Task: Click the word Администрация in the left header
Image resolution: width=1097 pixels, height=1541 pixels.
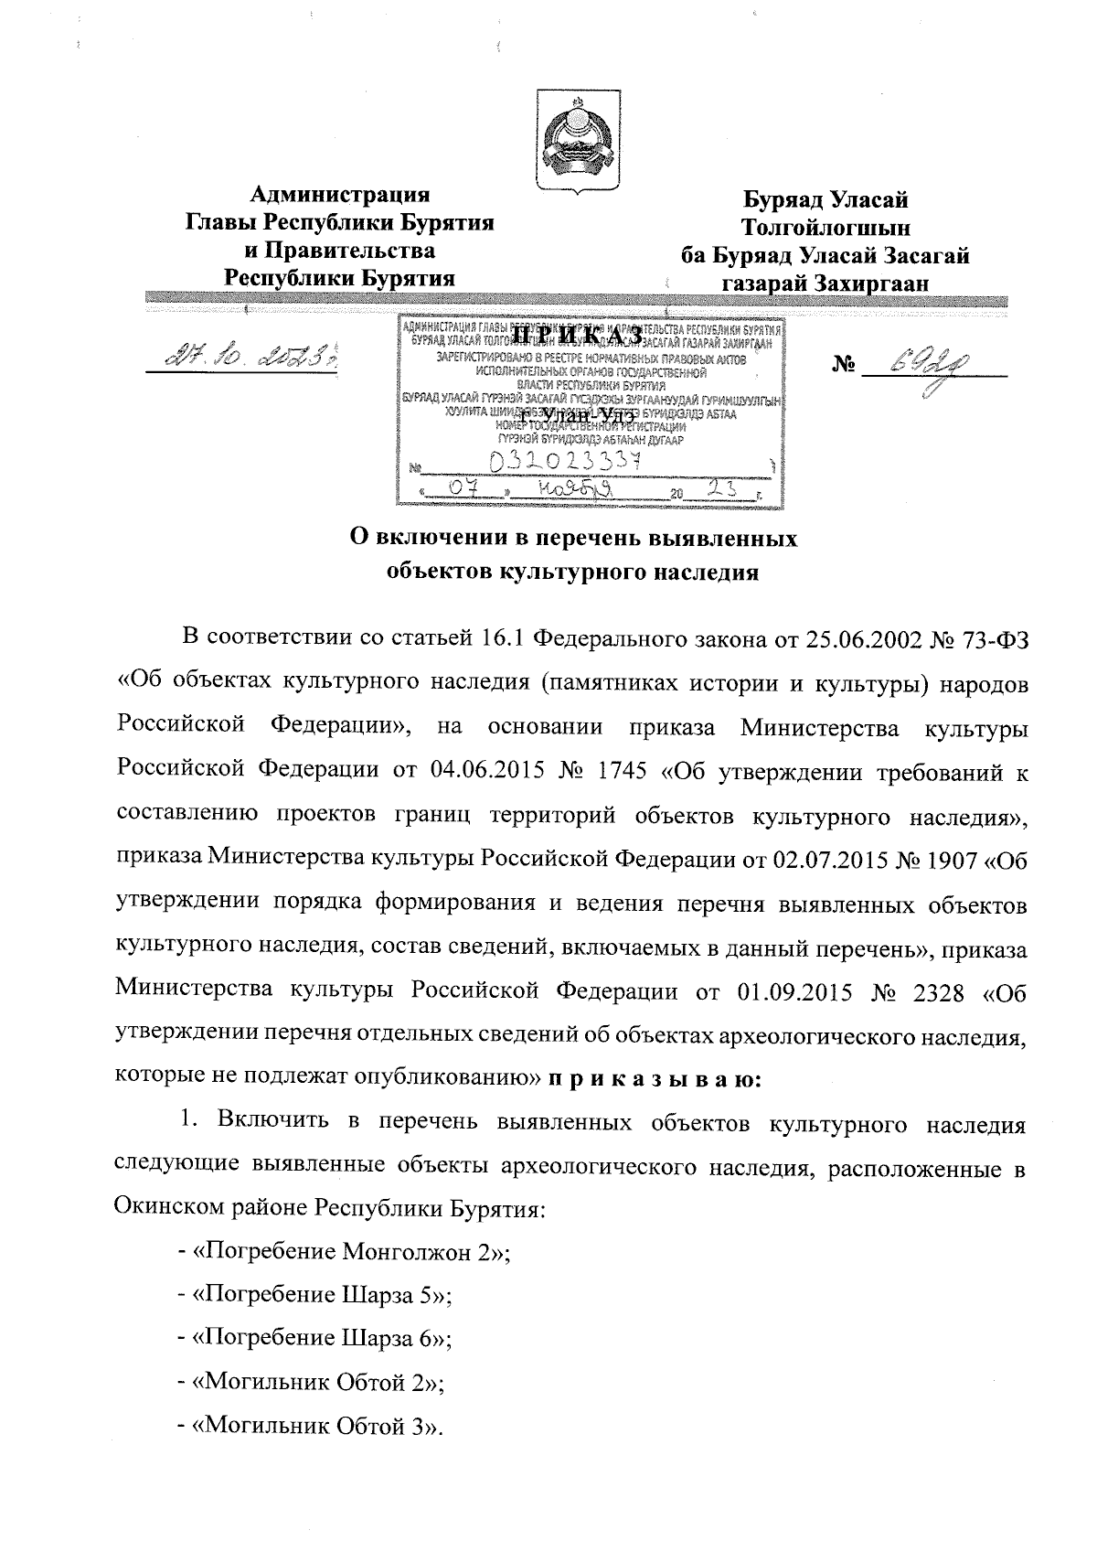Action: (x=340, y=195)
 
